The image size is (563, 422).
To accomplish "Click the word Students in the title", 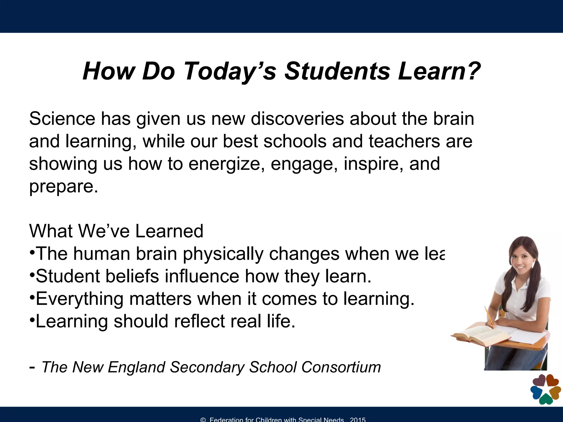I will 337,71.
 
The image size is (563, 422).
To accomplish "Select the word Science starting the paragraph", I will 62,119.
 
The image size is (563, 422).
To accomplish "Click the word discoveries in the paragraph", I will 297,119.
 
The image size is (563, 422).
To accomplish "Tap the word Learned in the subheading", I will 169,231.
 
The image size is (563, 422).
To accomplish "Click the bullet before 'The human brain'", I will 32,251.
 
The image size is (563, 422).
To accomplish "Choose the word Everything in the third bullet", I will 79,299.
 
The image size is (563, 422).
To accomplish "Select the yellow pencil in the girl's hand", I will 489,316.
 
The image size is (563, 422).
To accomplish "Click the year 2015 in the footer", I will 358,420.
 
